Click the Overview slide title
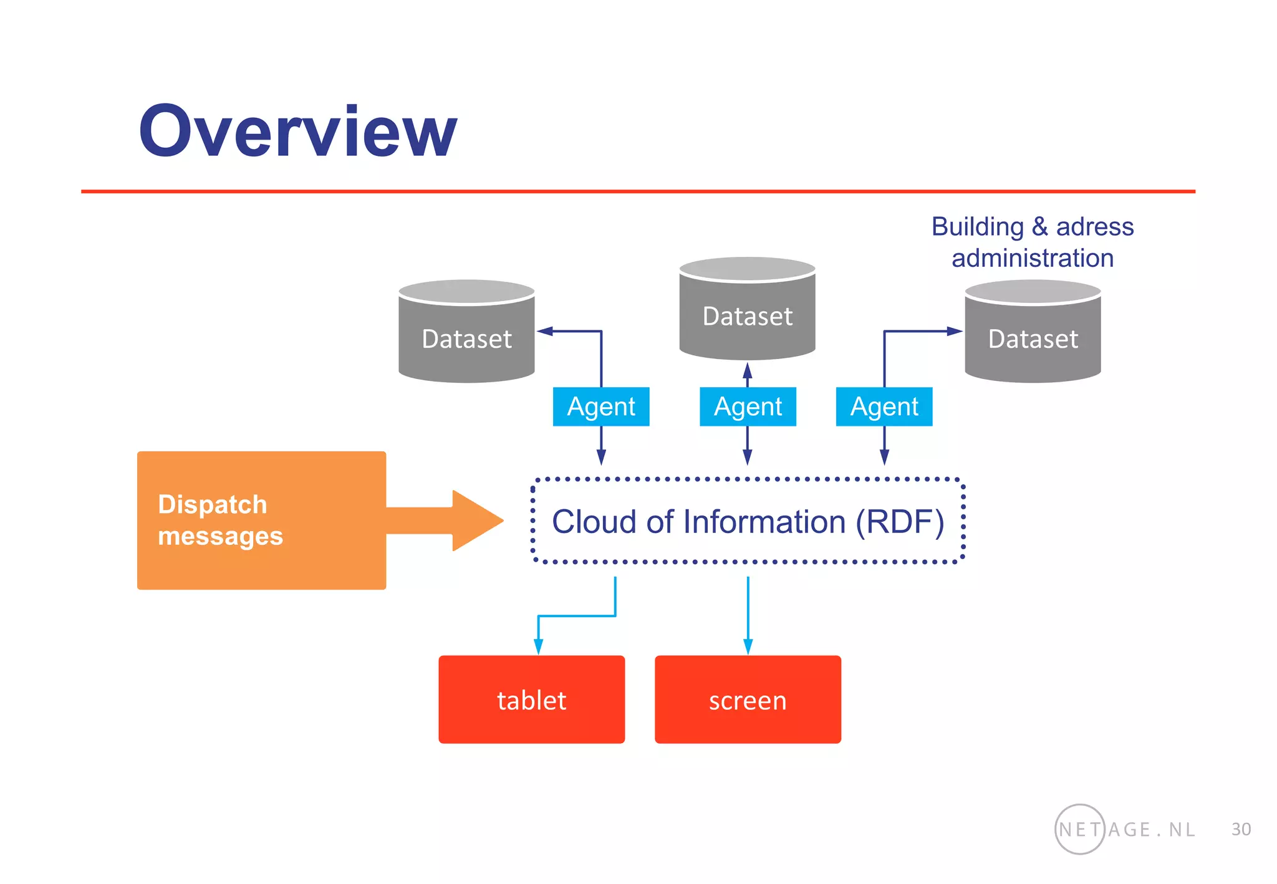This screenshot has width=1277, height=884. pos(297,132)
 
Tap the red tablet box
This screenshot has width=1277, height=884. pos(531,699)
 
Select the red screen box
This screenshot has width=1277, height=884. pos(747,699)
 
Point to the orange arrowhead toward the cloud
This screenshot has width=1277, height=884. pos(477,520)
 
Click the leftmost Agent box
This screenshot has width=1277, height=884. pos(600,406)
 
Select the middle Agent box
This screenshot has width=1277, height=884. pos(747,406)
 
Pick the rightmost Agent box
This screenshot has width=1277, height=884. pos(884,406)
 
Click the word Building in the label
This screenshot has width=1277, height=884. pos(977,227)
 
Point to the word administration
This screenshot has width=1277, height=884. pos(1033,258)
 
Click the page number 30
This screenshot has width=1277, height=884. pos(1241,829)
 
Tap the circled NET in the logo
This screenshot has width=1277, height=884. pos(1079,829)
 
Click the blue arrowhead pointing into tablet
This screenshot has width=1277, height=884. pos(538,646)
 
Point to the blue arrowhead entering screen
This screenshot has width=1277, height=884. pos(748,646)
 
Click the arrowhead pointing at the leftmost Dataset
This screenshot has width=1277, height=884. pos(545,331)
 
